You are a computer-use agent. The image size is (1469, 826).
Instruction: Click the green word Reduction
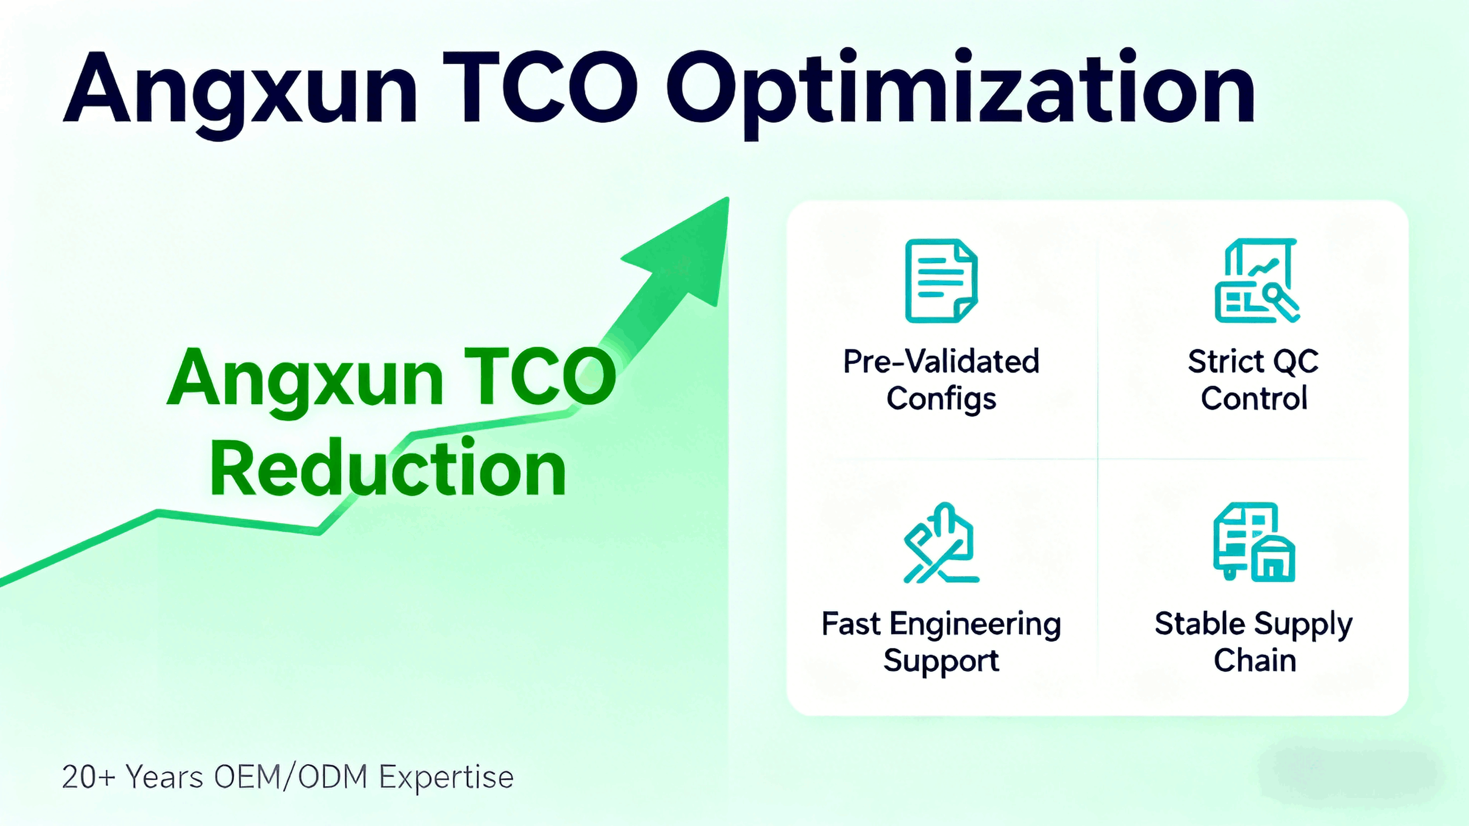tap(388, 468)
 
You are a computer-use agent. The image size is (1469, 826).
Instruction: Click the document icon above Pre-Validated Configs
tap(942, 281)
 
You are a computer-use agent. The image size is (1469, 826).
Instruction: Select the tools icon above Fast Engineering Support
tap(942, 543)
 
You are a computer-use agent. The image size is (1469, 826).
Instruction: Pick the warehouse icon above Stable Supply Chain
tap(1254, 542)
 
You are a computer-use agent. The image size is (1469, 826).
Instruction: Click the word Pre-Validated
tap(942, 361)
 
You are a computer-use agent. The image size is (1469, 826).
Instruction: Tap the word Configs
tap(942, 399)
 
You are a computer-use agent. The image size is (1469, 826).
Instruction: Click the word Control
tap(1254, 398)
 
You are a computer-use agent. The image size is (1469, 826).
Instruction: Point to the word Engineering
tap(975, 625)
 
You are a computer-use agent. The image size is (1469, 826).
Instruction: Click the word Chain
tap(1255, 661)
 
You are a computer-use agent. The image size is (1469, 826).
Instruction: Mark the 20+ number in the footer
tap(88, 777)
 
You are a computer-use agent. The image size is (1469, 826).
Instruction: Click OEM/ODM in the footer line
tap(291, 777)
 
